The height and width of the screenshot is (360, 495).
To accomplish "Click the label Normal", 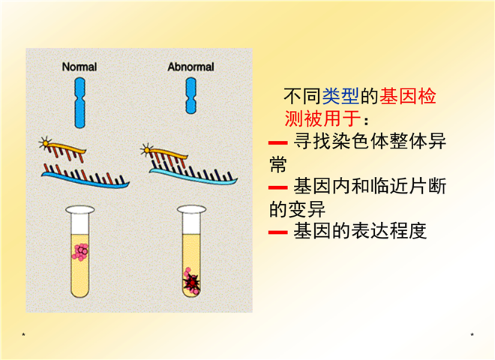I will click(x=79, y=67).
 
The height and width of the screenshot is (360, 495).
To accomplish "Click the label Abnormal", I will click(x=190, y=67).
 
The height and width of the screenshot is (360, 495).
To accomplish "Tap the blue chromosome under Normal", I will click(x=79, y=102).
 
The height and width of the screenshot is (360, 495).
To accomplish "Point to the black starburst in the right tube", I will click(x=192, y=283).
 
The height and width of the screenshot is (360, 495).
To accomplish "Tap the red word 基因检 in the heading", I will click(x=408, y=96).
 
